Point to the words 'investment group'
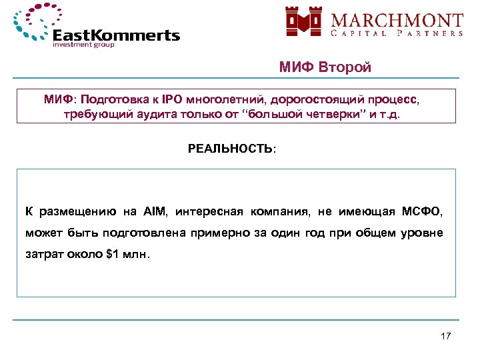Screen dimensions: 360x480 click(83, 45)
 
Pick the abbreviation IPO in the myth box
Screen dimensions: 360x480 click(171, 99)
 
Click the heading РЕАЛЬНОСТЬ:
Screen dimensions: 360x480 click(231, 149)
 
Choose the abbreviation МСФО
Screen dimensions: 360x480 click(421, 212)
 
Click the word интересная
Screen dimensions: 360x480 click(212, 212)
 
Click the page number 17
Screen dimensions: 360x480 click(446, 336)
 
